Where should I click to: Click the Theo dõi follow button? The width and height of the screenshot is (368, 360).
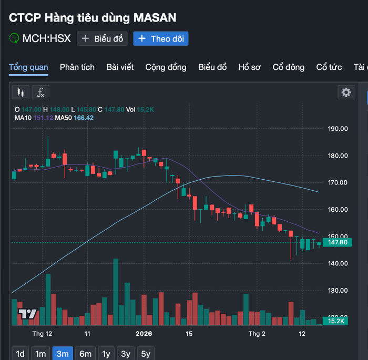[161, 38]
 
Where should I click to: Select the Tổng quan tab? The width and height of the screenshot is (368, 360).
[28, 67]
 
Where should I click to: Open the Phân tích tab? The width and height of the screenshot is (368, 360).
[77, 67]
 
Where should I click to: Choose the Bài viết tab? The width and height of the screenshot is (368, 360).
[120, 67]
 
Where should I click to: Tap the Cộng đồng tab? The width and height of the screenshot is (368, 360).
[166, 67]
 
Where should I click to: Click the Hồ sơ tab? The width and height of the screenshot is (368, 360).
[249, 67]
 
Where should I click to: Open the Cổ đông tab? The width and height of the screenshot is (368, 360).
[288, 67]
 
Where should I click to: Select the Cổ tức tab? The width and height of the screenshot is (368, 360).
[329, 67]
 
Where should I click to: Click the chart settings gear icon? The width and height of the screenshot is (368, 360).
[346, 92]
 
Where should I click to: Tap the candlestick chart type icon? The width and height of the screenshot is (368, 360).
[21, 92]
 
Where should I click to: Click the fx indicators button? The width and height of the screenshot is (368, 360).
[40, 92]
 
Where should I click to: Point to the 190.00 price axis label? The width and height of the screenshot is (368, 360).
[338, 129]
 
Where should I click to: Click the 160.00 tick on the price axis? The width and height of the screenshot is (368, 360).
[338, 209]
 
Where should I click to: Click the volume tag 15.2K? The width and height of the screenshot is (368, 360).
[335, 321]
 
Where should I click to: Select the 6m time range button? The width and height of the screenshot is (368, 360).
[85, 354]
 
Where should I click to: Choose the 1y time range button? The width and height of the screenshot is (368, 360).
[106, 354]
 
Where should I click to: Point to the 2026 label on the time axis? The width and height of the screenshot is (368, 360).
[144, 334]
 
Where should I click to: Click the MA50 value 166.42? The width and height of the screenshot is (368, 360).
[83, 118]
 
